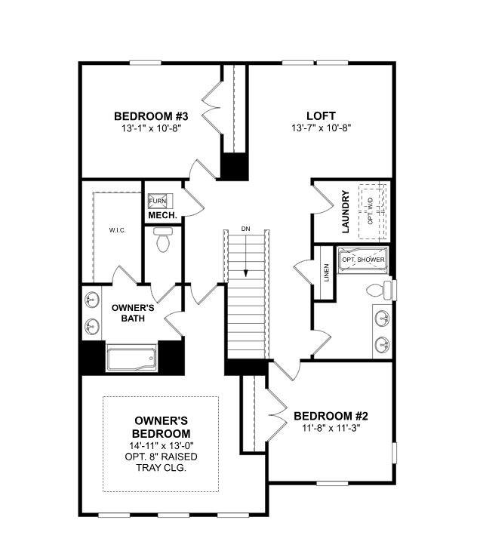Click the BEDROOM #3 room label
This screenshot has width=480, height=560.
151,116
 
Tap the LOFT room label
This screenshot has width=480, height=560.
322,116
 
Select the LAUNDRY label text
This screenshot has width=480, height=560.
345,212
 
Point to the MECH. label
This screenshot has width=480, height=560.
162,216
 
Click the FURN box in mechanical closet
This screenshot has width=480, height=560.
158,201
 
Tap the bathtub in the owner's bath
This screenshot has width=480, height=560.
131,357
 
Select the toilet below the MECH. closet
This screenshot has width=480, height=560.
162,242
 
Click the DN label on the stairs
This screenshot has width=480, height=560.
246,228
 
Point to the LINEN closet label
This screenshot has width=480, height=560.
326,272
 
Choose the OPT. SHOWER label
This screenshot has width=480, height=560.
363,260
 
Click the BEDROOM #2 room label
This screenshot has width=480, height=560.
331,416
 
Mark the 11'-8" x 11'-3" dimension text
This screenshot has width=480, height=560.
331,429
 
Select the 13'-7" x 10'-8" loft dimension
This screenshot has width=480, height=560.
322,128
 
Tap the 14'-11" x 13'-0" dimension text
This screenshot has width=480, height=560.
161,446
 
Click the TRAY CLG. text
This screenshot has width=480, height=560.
161,468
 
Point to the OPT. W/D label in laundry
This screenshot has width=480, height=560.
370,211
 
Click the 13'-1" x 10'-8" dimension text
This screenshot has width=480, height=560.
151,128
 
